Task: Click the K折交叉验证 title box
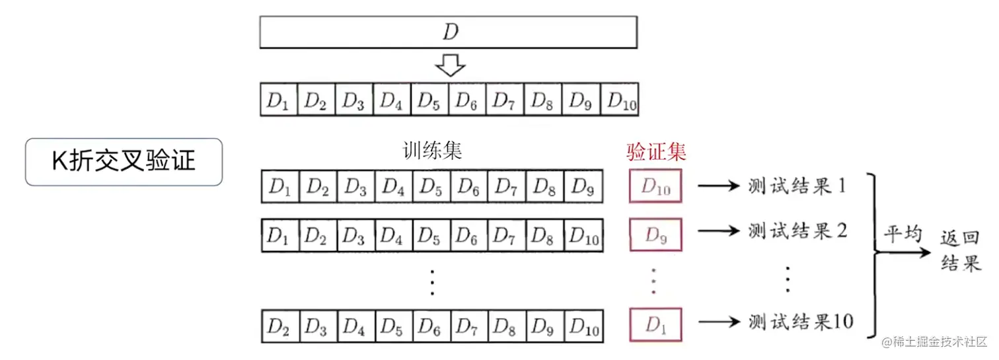click(x=124, y=161)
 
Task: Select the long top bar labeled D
click(x=448, y=32)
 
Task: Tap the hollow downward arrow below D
click(x=450, y=65)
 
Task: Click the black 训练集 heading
click(x=431, y=151)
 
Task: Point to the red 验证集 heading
click(x=656, y=153)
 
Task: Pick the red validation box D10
click(x=655, y=186)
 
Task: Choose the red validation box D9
click(x=655, y=235)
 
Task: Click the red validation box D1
click(x=655, y=324)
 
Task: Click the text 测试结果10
click(x=801, y=322)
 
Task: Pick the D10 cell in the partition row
click(x=622, y=101)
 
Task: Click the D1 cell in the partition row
click(x=279, y=101)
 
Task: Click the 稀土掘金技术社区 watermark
click(x=939, y=342)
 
